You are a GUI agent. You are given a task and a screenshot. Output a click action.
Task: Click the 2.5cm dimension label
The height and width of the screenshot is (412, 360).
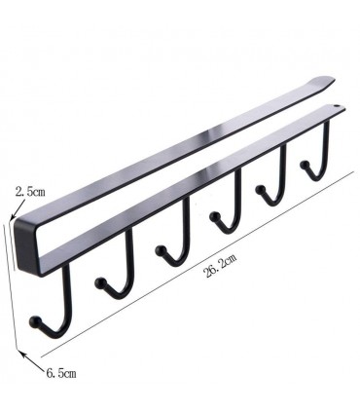click(30, 191)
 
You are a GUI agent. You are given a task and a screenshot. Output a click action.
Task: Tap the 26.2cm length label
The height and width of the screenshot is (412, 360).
click(220, 265)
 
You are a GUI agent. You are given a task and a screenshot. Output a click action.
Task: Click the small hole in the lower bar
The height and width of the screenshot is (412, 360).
click(336, 106)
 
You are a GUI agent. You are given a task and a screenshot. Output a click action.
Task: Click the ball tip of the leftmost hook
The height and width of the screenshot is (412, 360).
click(35, 321)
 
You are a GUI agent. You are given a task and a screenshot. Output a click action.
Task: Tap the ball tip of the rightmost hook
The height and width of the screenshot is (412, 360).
click(305, 165)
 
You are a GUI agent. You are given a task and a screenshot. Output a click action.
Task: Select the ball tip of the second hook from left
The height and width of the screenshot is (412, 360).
click(100, 283)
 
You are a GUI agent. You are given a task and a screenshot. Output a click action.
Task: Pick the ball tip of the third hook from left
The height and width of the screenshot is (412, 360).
click(161, 250)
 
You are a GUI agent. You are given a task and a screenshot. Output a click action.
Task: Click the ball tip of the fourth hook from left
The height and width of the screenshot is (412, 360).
click(215, 216)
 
